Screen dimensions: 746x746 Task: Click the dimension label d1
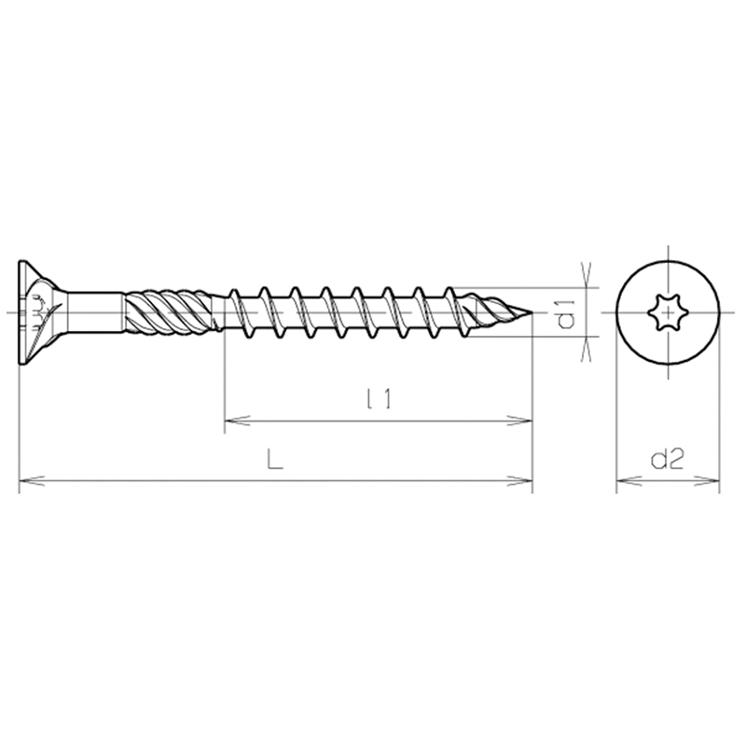[x=566, y=314]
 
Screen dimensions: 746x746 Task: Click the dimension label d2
[x=667, y=459]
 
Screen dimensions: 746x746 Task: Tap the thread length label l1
[x=380, y=399]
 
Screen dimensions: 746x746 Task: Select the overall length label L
[x=274, y=460]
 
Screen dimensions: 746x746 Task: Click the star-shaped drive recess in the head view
[x=668, y=312]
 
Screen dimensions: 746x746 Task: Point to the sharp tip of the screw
[x=532, y=312]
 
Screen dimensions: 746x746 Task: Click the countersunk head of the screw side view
[x=40, y=312]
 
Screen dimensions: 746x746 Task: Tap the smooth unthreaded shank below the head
[x=95, y=312]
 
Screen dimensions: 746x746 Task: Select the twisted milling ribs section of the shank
[x=168, y=312]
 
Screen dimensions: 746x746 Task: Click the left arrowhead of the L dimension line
[x=32, y=481]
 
